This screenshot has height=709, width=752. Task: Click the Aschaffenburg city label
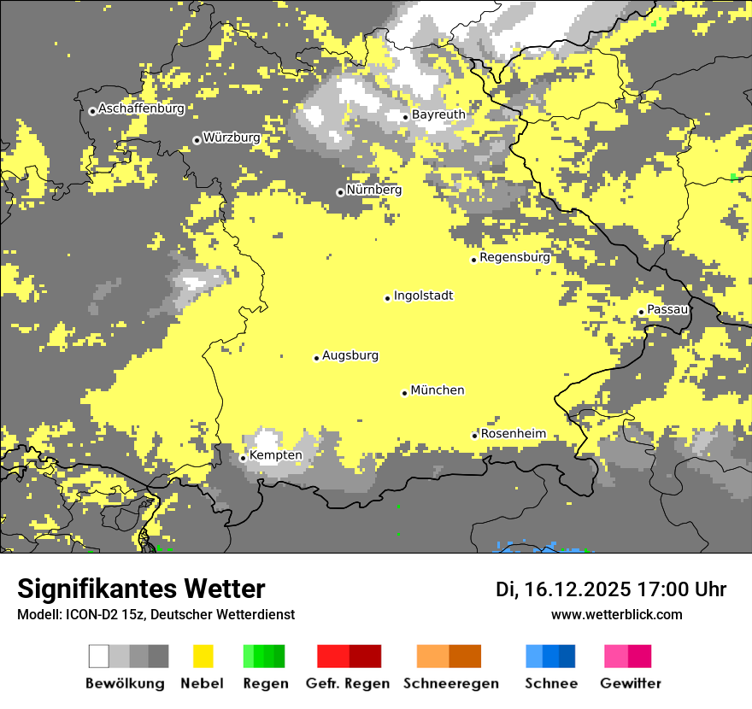pyautogui.click(x=141, y=108)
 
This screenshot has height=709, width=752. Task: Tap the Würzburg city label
pyautogui.click(x=232, y=138)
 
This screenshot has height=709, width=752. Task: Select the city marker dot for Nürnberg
pyautogui.click(x=340, y=192)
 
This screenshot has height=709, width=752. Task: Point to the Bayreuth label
pyautogui.click(x=438, y=114)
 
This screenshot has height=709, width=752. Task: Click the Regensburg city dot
pyautogui.click(x=473, y=260)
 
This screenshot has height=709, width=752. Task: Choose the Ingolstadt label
pyautogui.click(x=423, y=296)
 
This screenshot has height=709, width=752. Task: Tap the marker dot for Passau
pyautogui.click(x=641, y=312)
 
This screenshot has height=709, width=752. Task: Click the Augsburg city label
pyautogui.click(x=350, y=355)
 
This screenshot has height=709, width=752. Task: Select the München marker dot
pyautogui.click(x=405, y=393)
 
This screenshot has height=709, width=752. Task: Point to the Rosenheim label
pyautogui.click(x=513, y=434)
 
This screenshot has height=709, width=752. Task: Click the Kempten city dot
pyautogui.click(x=243, y=458)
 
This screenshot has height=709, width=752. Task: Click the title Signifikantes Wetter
pyautogui.click(x=141, y=589)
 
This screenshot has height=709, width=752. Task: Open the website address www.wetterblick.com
pyautogui.click(x=616, y=614)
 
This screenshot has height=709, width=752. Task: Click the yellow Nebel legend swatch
pyautogui.click(x=203, y=656)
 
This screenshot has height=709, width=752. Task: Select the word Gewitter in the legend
pyautogui.click(x=631, y=683)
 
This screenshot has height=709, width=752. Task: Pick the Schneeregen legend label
pyautogui.click(x=451, y=683)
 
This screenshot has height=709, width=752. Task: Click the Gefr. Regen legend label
pyautogui.click(x=348, y=683)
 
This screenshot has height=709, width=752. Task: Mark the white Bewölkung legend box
pyautogui.click(x=99, y=656)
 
